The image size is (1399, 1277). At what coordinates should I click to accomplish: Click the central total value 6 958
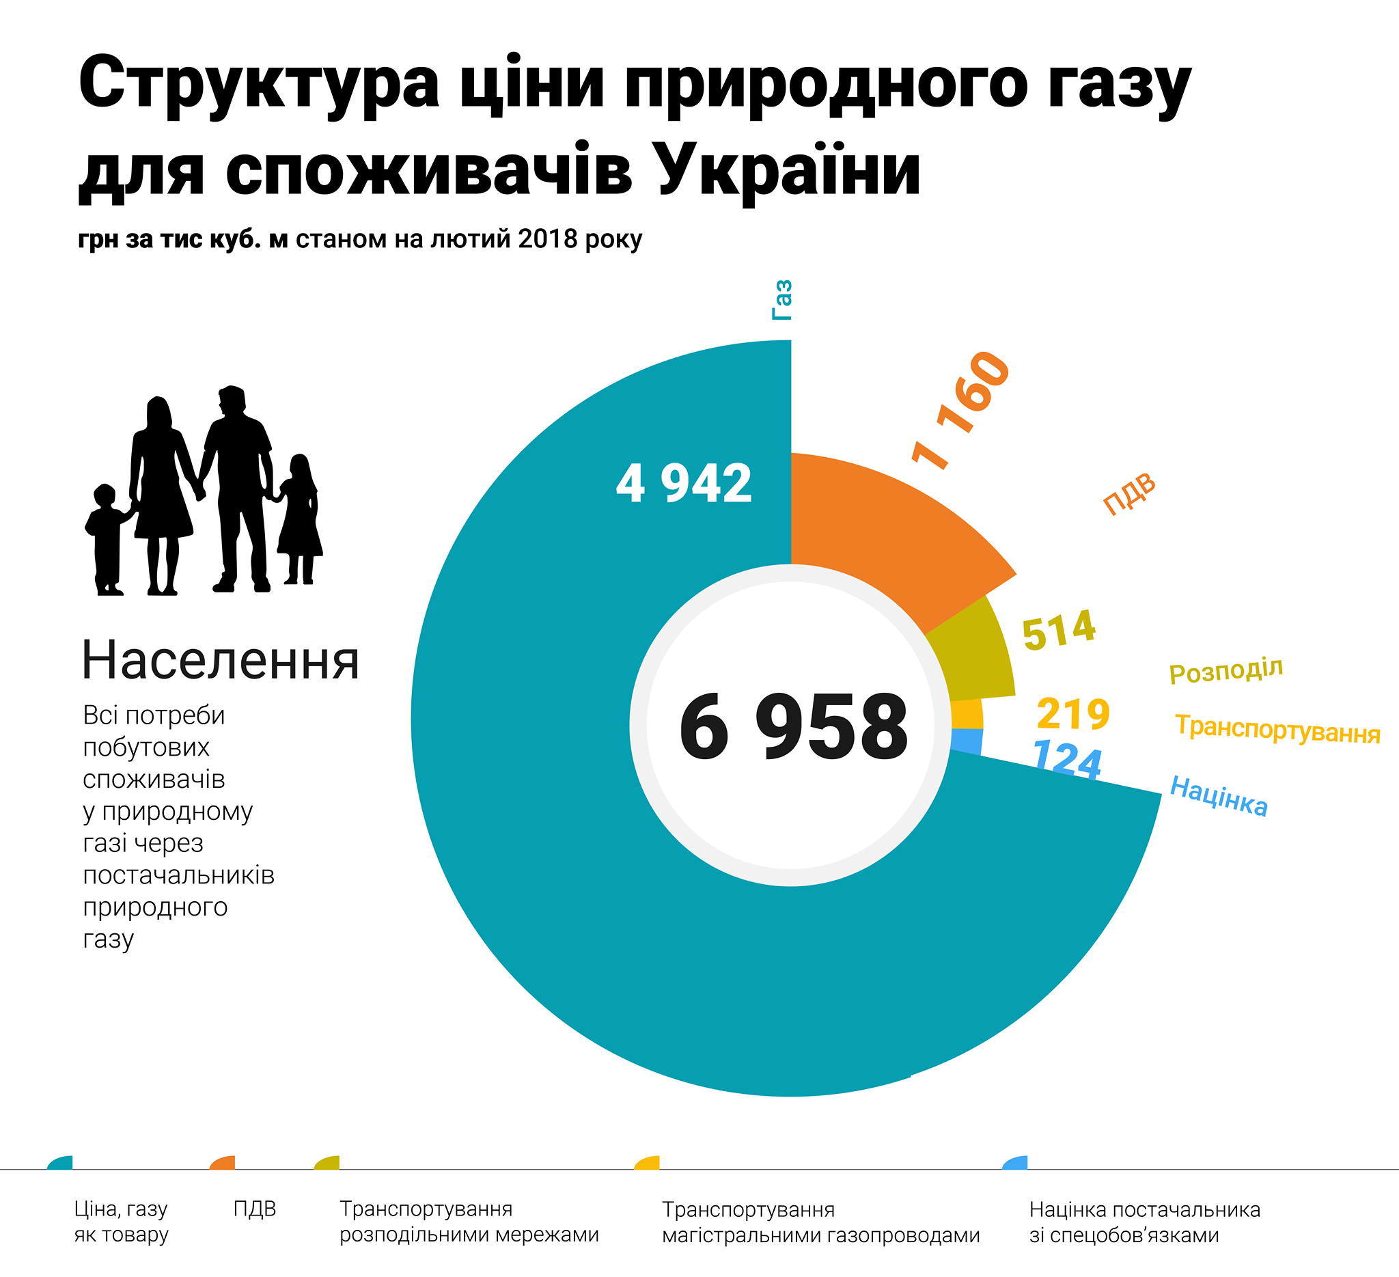pos(793,727)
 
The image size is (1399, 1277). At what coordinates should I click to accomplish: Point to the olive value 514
pos(1059,630)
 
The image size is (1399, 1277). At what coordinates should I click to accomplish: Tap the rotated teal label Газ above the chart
pos(782,300)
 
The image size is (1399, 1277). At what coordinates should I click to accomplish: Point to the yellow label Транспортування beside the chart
pos(1277,730)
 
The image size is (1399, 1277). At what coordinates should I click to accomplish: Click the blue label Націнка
pos(1219,796)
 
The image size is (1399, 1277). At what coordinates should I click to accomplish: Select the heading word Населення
pos(221,660)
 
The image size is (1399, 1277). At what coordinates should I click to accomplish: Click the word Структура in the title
pos(259,85)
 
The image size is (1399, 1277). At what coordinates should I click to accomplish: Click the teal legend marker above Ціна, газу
pos(61,1163)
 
